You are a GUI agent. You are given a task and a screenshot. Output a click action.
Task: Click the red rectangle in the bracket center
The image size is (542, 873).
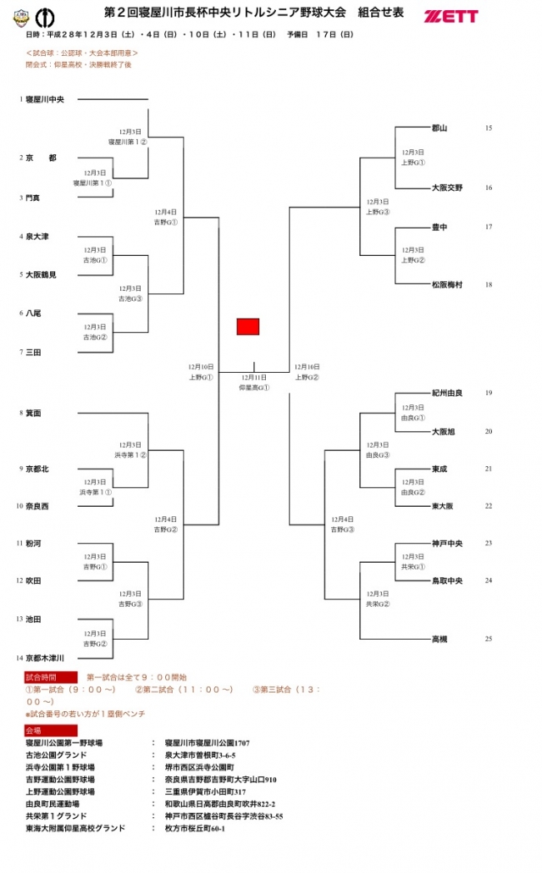tap(247, 326)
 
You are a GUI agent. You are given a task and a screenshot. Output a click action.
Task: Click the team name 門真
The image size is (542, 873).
tap(34, 197)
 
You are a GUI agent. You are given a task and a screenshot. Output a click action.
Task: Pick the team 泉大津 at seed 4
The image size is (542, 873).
tap(37, 236)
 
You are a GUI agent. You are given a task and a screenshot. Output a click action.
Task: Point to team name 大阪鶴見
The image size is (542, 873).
tap(41, 275)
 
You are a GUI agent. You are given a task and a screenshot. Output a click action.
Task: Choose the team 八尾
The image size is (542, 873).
tap(34, 313)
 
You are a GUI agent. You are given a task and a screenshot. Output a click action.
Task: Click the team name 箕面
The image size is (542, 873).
tap(34, 413)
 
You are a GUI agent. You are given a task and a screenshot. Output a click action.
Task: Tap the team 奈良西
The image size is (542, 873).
tap(37, 506)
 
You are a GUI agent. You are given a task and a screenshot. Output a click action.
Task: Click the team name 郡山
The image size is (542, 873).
tap(440, 128)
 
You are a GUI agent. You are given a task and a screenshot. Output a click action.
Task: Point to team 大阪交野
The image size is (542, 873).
tap(446, 187)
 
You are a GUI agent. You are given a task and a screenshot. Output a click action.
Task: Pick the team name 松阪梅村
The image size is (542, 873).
tap(446, 285)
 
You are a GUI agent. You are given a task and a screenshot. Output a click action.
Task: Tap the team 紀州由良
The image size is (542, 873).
tap(446, 393)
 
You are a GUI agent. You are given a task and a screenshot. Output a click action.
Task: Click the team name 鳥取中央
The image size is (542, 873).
tap(446, 581)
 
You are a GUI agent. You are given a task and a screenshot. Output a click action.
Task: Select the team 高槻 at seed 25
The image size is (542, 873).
tap(440, 639)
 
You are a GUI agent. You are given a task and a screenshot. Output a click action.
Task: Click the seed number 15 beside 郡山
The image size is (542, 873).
tap(489, 128)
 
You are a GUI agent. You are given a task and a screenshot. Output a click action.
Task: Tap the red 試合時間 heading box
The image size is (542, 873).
tap(51, 677)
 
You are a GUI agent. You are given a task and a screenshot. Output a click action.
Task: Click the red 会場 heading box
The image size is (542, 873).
tap(51, 730)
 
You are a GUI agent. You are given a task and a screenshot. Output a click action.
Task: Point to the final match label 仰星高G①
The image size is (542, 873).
tap(254, 387)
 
